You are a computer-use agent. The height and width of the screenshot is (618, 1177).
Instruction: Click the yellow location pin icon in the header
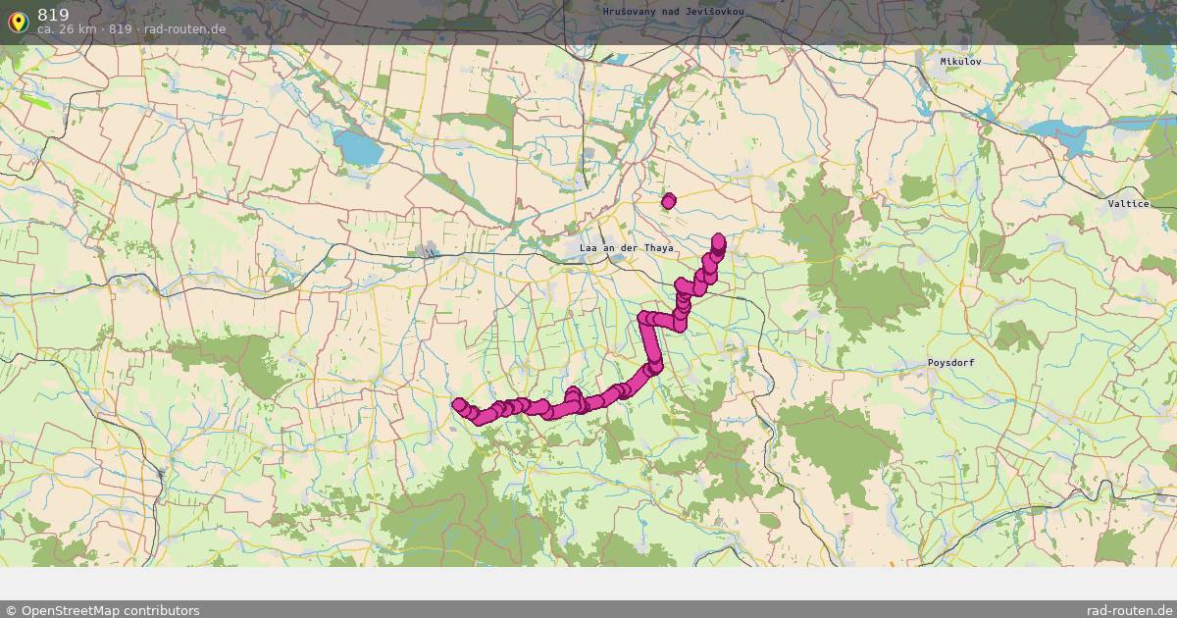pos(18,22)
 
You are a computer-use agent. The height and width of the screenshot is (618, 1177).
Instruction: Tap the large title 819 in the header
pos(53,14)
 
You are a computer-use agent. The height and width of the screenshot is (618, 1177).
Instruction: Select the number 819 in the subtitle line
pos(120,29)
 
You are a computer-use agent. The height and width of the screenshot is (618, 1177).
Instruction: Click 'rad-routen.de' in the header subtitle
pos(184,29)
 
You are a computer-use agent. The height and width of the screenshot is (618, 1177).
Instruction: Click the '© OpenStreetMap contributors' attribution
pos(102,610)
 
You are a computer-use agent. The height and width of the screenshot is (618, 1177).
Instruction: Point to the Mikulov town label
pos(960,61)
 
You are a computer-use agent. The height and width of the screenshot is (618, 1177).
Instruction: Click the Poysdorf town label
pos(950,363)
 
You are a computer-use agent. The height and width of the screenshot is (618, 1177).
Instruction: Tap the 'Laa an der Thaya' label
pos(626,248)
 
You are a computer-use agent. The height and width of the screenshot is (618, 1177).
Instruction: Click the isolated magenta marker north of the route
pos(669,201)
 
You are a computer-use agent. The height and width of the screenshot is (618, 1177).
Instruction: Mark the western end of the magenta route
pos(458,404)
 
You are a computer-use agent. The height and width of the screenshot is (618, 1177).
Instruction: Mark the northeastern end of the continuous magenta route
pos(718,239)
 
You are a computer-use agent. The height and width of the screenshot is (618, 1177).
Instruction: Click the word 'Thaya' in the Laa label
pos(658,248)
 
